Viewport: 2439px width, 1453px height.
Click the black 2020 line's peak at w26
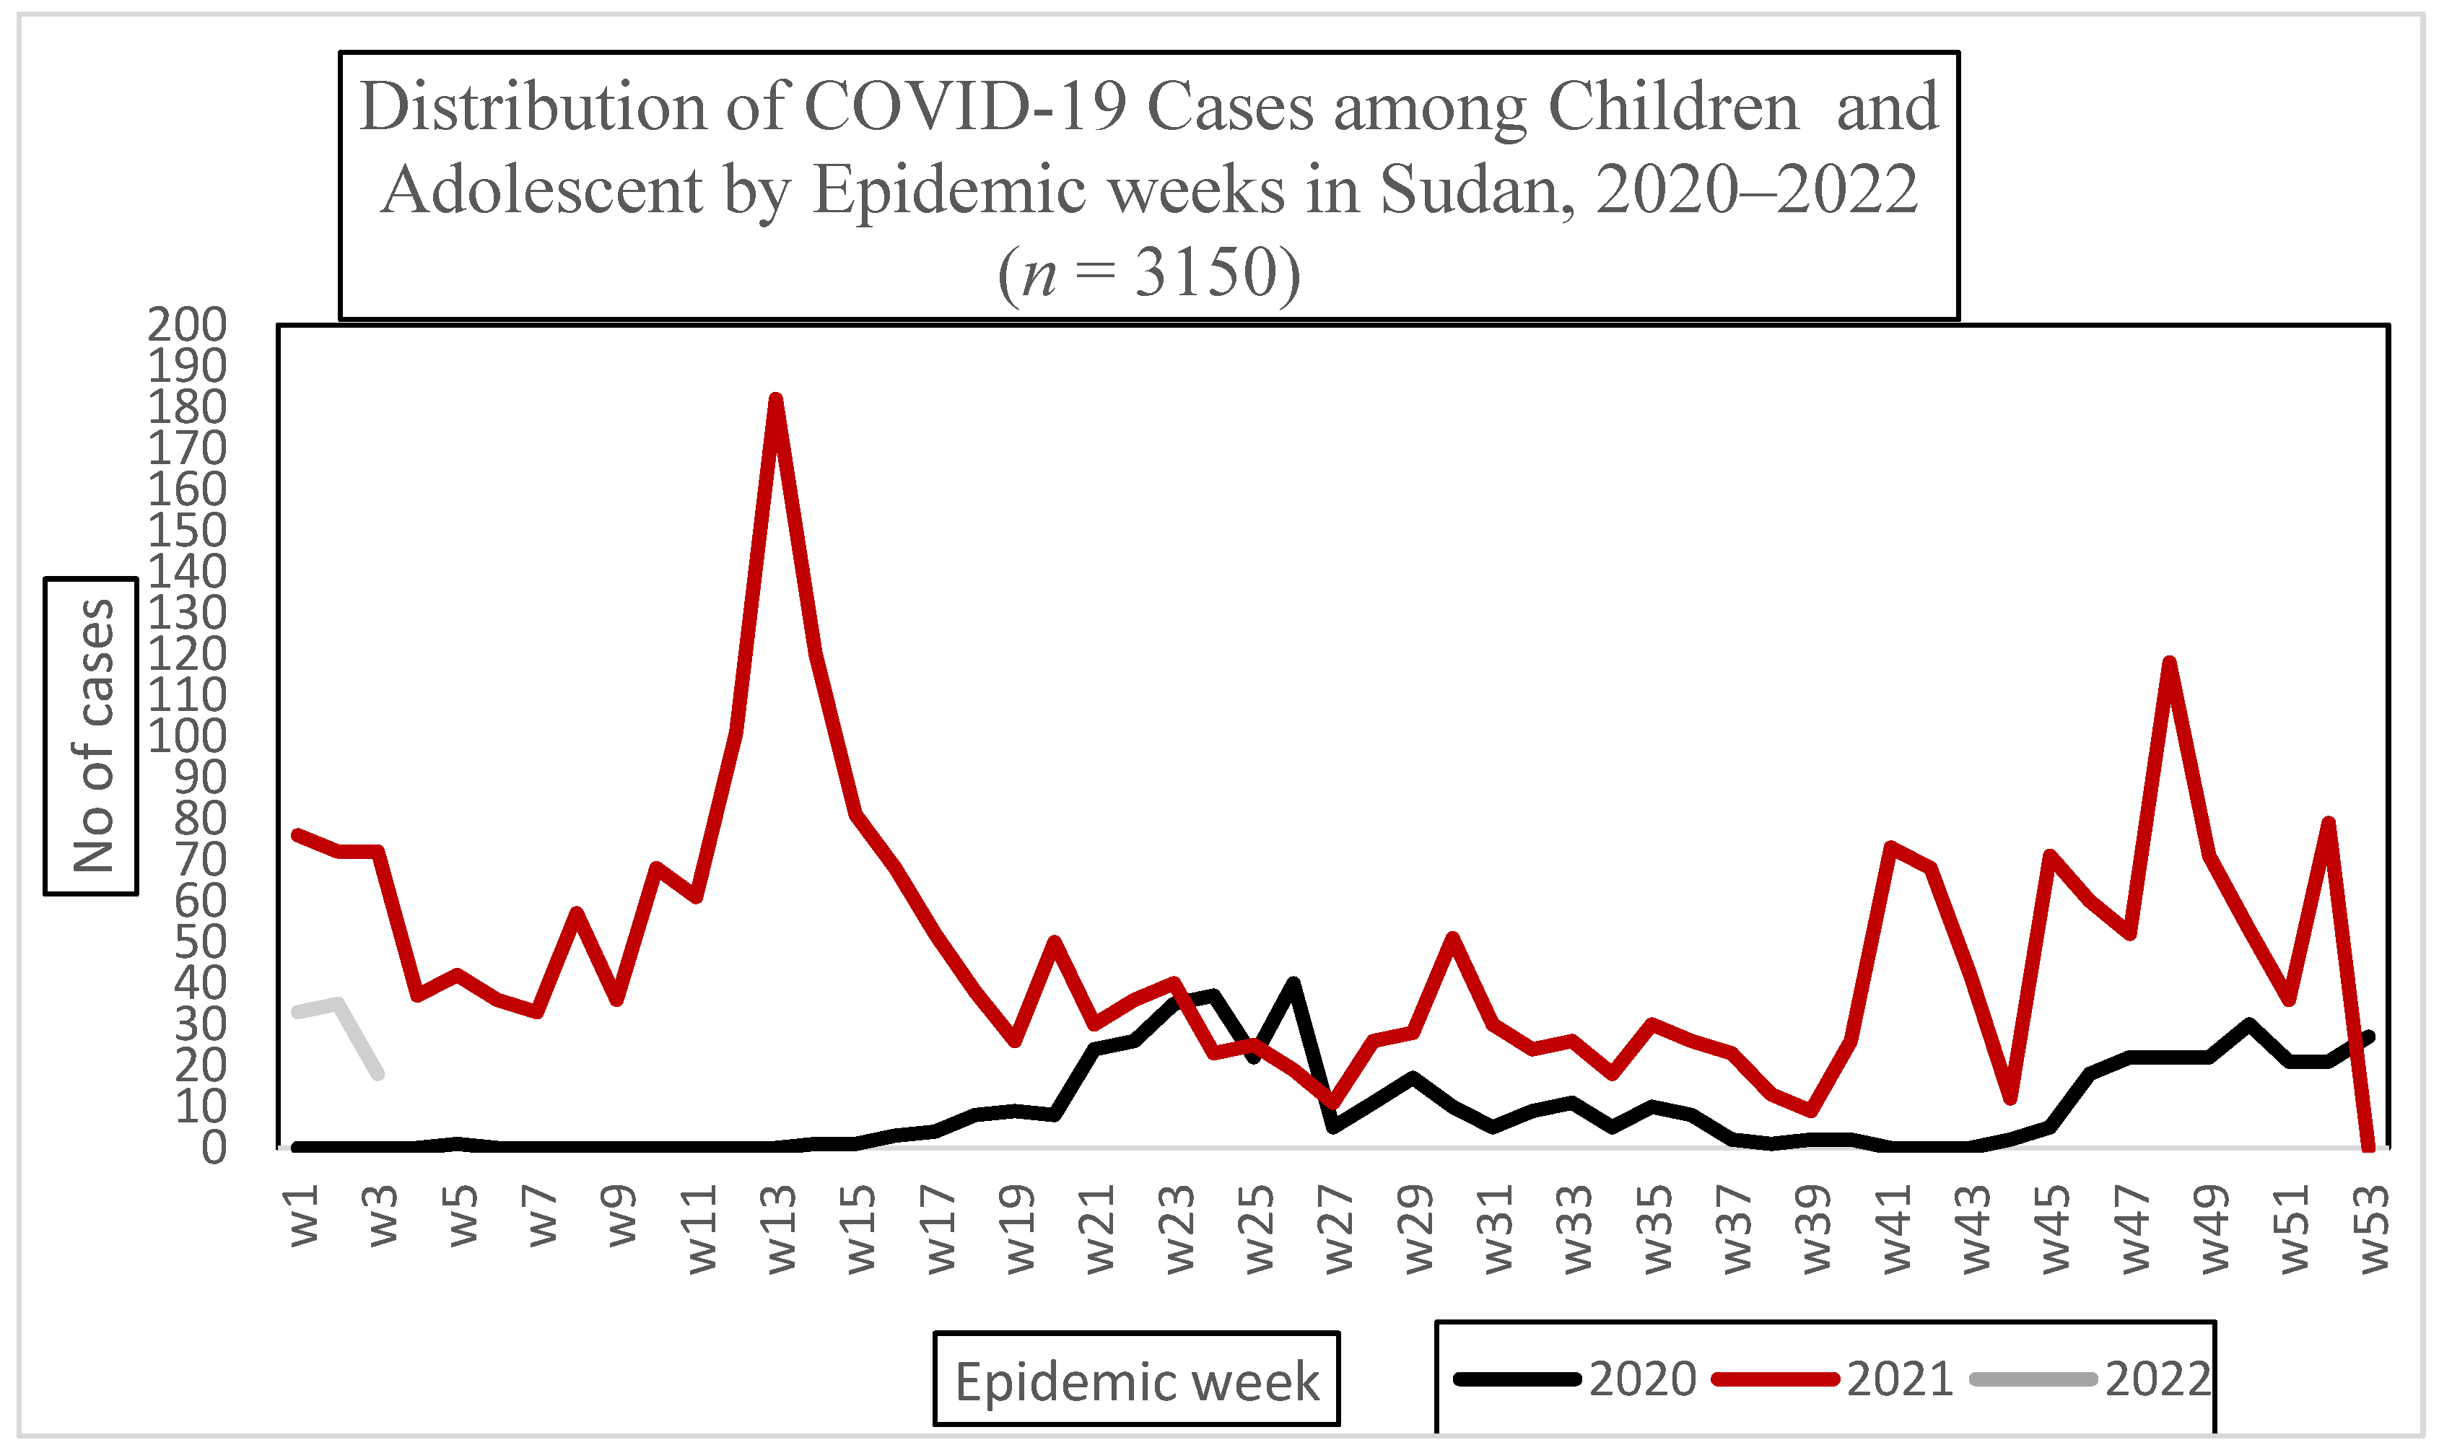coord(1293,983)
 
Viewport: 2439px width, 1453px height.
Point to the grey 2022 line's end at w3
coord(379,1074)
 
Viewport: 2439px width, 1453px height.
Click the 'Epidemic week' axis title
coord(1137,1382)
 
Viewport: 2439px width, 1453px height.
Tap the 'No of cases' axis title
coord(93,736)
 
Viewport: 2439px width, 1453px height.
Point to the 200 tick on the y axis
coord(187,324)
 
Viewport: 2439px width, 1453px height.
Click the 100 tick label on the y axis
coord(187,736)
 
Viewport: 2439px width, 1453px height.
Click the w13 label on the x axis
coord(781,1230)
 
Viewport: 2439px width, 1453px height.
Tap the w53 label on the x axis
coord(2373,1230)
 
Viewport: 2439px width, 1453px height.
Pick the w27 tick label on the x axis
coord(1338,1230)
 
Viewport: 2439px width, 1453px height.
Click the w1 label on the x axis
coord(305,1216)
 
